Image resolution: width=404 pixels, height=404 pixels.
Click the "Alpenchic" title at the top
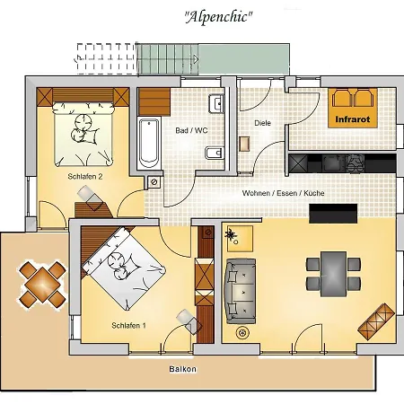coord(218,17)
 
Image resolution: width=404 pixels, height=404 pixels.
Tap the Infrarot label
coord(353,119)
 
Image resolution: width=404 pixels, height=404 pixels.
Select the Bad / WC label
coord(191,130)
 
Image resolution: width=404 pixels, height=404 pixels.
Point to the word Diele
coord(262,123)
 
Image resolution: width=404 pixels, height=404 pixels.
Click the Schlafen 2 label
coord(85,176)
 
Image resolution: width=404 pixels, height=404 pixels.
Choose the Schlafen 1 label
coord(128,325)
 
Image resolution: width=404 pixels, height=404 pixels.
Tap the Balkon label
coord(182,369)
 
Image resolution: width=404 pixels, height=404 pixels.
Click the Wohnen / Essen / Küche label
coord(283,193)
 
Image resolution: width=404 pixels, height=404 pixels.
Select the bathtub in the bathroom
coord(149,144)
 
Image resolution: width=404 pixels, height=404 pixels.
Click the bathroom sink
coord(216,104)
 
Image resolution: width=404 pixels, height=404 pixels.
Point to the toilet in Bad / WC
coord(214,154)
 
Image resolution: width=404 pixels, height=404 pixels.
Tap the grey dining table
coord(333,274)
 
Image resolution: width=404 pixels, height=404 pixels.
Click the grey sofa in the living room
coord(241,291)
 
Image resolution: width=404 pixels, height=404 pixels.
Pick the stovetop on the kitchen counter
coord(356,163)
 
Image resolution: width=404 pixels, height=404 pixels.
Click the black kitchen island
coord(333,214)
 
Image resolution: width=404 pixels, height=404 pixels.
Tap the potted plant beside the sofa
coord(232,234)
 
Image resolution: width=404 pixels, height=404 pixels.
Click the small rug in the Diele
coord(244,144)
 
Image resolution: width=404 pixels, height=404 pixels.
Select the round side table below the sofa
coord(242,332)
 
